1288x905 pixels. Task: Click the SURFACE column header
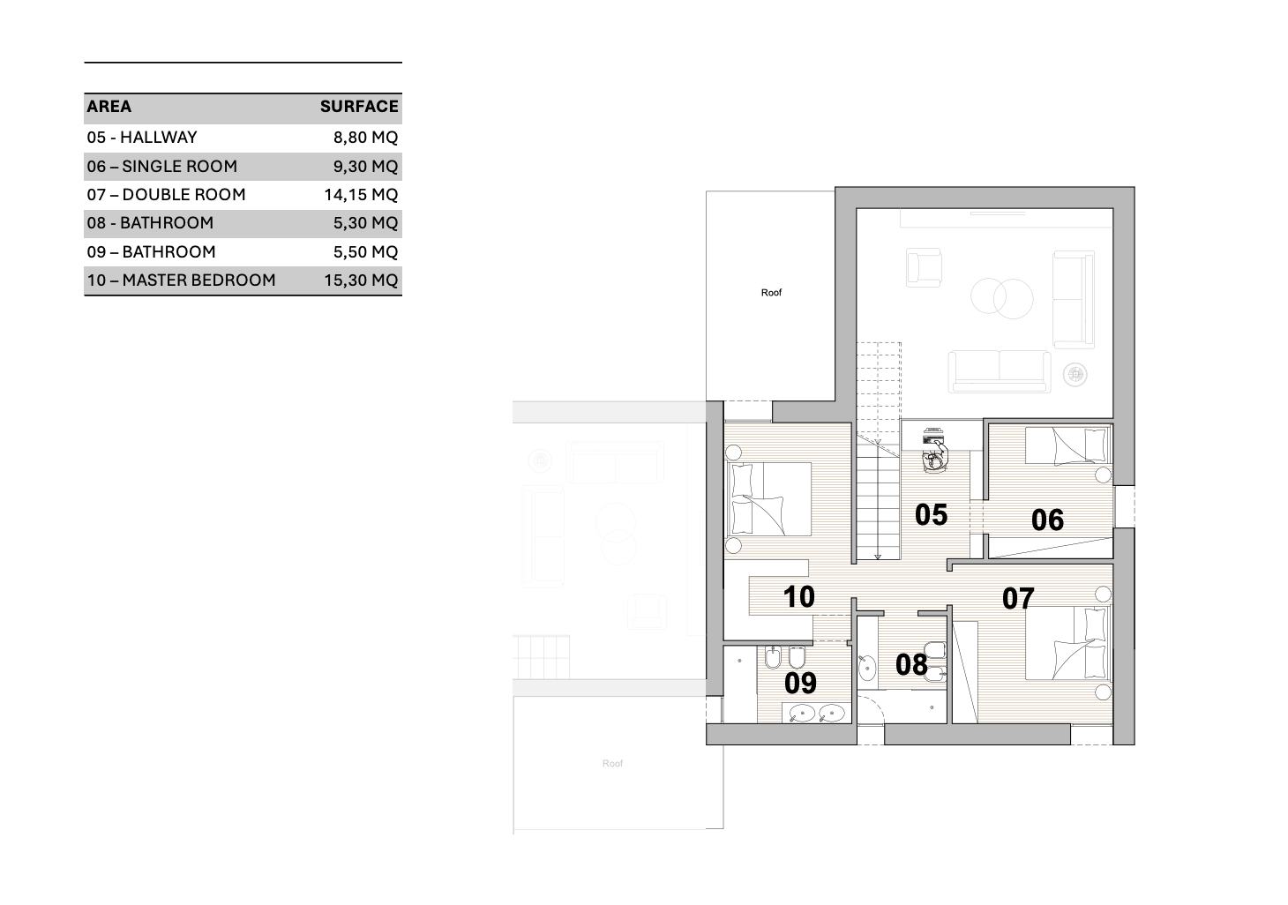(x=359, y=107)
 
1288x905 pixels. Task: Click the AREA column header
(x=109, y=107)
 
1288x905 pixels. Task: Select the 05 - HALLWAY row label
(x=142, y=138)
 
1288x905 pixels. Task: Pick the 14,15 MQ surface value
(x=361, y=195)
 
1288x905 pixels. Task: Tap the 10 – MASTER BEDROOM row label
(x=181, y=280)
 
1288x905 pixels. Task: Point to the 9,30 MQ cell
(x=366, y=167)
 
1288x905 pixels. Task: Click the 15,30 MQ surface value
(x=361, y=280)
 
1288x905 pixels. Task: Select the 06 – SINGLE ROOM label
(x=162, y=167)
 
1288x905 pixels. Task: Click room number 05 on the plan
(x=931, y=514)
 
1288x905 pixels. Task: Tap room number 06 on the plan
(x=1047, y=520)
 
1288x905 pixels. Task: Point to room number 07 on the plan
(x=1018, y=599)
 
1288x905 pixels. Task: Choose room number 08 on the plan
(x=911, y=665)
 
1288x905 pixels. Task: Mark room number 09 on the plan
(x=800, y=683)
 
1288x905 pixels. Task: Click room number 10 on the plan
(x=798, y=597)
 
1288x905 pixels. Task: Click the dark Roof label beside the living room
(x=771, y=293)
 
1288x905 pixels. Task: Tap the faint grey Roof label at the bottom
(x=612, y=764)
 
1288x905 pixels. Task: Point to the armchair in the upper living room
(x=924, y=267)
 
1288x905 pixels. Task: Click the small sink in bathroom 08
(x=866, y=668)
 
